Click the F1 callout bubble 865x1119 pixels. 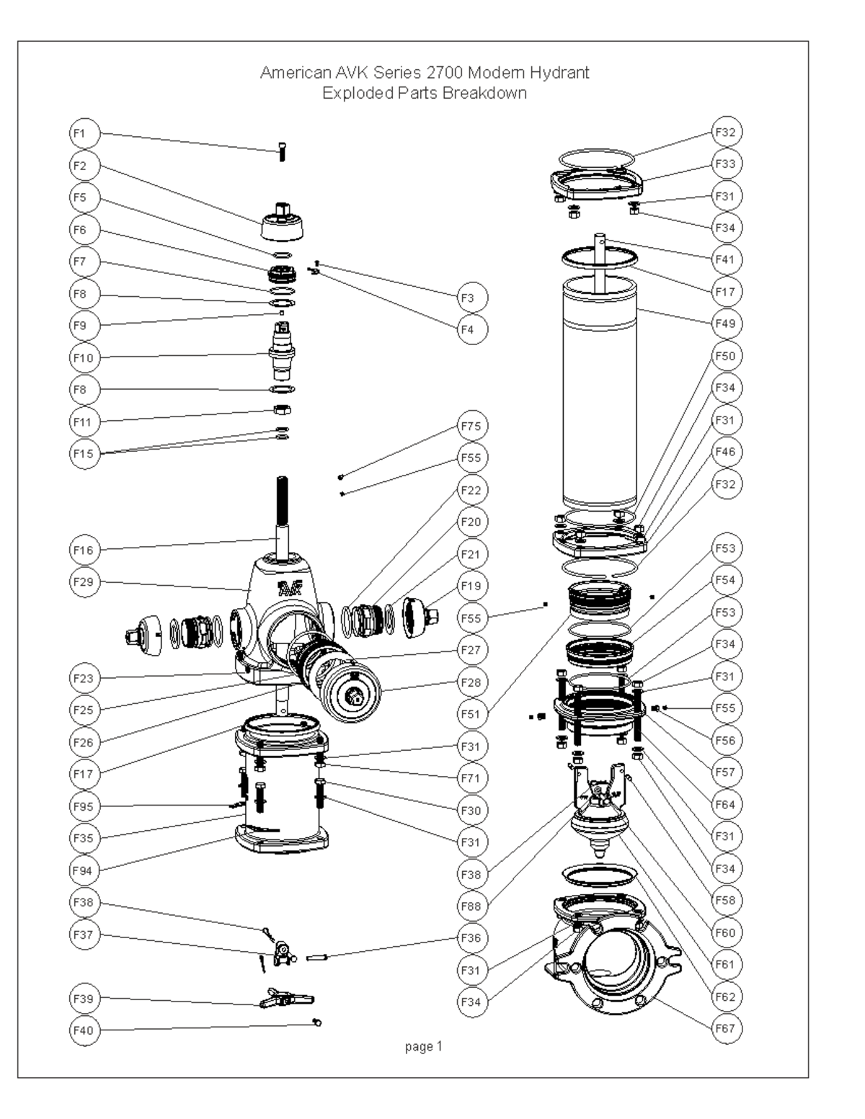coord(85,133)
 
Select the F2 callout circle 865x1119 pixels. coord(85,165)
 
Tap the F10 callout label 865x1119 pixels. coord(85,357)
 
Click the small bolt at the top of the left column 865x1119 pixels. coord(282,153)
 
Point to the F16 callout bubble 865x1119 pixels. coord(85,550)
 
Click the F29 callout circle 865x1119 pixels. coord(85,581)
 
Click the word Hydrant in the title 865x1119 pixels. coord(563,73)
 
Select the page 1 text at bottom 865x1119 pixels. coord(424,1047)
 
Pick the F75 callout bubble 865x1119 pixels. coord(473,426)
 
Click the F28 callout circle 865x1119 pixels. coord(473,682)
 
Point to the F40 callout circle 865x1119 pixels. coord(85,1030)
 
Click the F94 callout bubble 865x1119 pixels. coord(85,870)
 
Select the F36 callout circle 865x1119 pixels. coord(473,937)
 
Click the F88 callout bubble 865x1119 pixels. coord(473,906)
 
